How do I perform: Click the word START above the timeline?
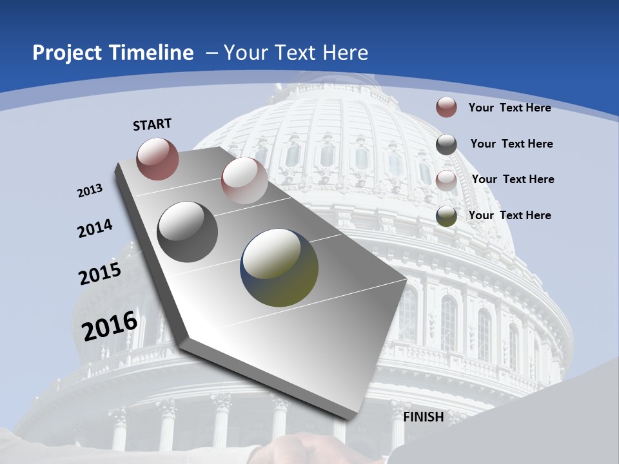[x=152, y=124]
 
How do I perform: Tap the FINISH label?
[x=424, y=417]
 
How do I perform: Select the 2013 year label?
[x=90, y=191]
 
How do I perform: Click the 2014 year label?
[x=95, y=229]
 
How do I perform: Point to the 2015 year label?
[x=100, y=273]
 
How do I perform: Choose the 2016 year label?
[x=110, y=325]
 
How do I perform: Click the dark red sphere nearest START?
[x=157, y=159]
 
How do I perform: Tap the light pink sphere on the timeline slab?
[x=244, y=180]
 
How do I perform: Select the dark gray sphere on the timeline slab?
[x=187, y=231]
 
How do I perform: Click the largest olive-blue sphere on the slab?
[x=279, y=267]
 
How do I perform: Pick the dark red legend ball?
[x=446, y=108]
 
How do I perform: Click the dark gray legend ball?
[x=446, y=144]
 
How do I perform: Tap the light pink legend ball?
[x=446, y=180]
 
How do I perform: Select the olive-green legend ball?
[x=446, y=216]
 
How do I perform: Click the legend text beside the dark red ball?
[x=509, y=108]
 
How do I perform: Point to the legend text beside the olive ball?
[x=509, y=215]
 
